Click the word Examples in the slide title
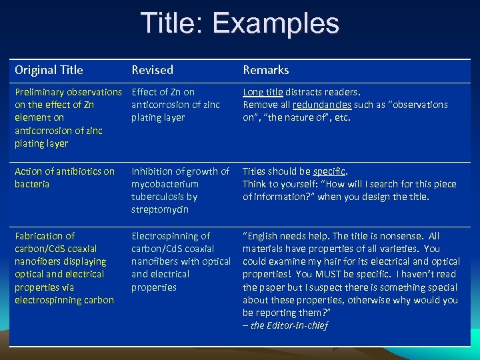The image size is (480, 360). (x=276, y=24)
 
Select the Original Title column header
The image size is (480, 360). (x=49, y=70)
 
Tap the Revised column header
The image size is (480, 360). (x=152, y=70)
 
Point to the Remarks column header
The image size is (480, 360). (x=265, y=70)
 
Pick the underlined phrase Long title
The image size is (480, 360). (x=263, y=92)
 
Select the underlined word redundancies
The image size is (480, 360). (x=324, y=105)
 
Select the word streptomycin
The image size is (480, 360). (x=160, y=209)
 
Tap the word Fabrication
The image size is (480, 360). (x=45, y=236)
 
